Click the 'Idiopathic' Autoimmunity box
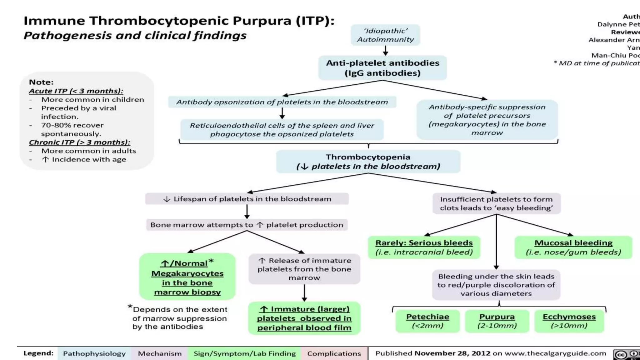click(385, 35)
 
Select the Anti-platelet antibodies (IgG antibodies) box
click(382, 68)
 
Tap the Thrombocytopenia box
click(368, 162)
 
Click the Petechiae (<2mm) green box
click(427, 321)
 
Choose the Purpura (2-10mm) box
click(497, 321)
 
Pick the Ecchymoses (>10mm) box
click(569, 321)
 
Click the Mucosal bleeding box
click(573, 247)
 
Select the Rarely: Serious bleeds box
click(424, 247)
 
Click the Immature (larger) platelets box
click(304, 318)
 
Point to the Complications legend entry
click(334, 353)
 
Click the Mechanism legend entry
click(160, 353)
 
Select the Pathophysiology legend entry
click(94, 353)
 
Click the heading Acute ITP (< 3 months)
click(76, 91)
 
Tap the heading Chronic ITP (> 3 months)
click(79, 142)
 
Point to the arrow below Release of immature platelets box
click(304, 293)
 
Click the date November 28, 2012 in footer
click(452, 353)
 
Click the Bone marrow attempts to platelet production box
click(247, 225)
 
